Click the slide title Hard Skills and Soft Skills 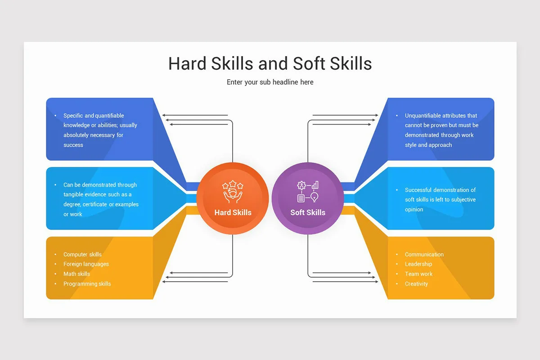tap(270, 63)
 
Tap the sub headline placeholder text tap(270, 82)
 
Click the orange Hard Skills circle tap(233, 198)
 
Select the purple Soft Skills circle tap(308, 198)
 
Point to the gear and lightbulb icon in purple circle tap(308, 191)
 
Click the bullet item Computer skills tap(82, 254)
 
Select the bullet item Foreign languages tap(86, 264)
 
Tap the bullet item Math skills tap(76, 274)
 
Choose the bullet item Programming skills tap(87, 284)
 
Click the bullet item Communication tap(424, 254)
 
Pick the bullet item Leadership tap(418, 264)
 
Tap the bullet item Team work tap(418, 274)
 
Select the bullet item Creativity tap(416, 284)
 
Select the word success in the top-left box tap(73, 145)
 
